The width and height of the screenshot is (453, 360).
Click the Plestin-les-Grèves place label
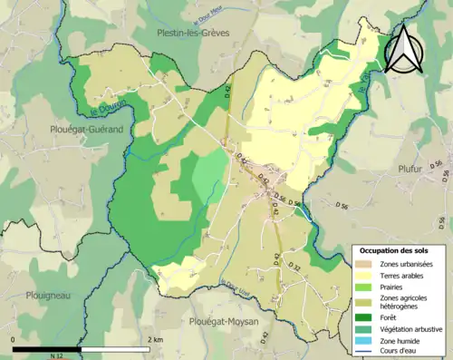tap(192, 33)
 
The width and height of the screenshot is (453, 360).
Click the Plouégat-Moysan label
tap(226, 321)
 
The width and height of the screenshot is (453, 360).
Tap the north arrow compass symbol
tap(405, 48)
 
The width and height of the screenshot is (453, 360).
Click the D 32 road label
tap(294, 267)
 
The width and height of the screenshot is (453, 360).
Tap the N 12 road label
tap(58, 353)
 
